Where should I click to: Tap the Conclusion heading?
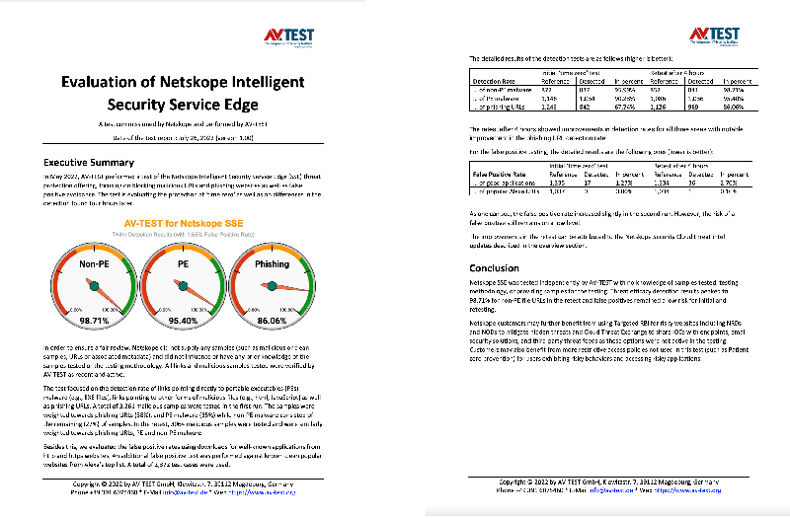pyautogui.click(x=496, y=267)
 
